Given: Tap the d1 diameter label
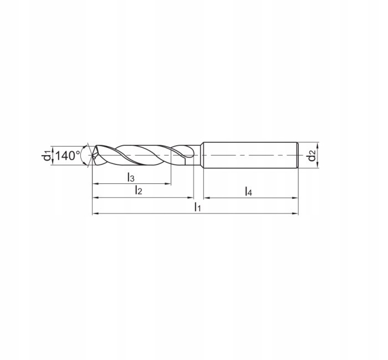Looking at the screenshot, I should coord(47,156).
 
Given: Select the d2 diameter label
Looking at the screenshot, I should coord(313,156).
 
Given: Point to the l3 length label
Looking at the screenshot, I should coord(131,177).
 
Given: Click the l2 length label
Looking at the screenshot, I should coord(139,191).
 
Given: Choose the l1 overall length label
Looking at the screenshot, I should coord(197,207).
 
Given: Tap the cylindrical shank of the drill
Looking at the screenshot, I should coord(249,155).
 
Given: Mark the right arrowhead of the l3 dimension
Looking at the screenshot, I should coord(169,184).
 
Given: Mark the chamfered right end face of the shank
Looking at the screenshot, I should coord(298,156).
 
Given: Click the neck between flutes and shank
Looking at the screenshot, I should coord(197,156).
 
